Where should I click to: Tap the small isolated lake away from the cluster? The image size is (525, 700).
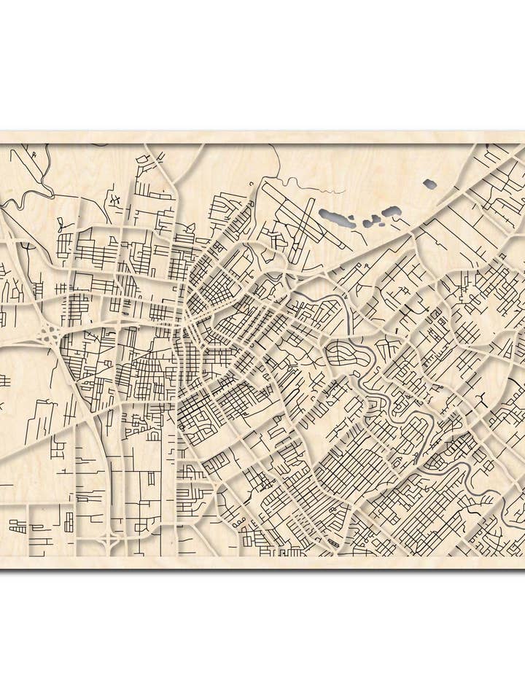click(x=430, y=184)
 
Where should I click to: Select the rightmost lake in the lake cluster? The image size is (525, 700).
click(x=392, y=211)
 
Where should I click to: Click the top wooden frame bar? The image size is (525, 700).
click(x=262, y=137)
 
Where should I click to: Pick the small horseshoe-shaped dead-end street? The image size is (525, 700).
click(x=154, y=435)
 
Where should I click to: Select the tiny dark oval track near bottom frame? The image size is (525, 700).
click(x=335, y=542)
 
